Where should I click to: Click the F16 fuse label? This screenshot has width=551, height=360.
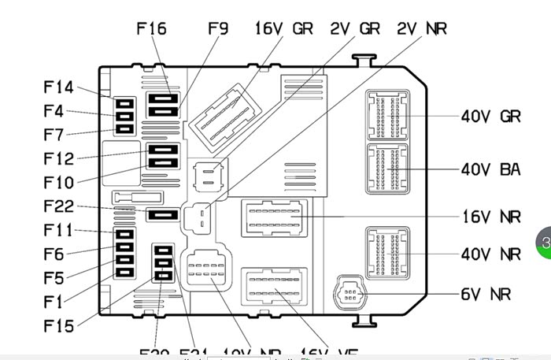coord(151,28)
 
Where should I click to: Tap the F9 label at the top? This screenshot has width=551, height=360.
coord(218,28)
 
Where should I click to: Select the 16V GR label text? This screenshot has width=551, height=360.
coord(283,28)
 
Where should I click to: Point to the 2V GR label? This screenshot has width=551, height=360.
coord(354,28)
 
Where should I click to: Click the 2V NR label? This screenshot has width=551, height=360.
coord(422,28)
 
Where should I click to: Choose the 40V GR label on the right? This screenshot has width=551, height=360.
coord(490,117)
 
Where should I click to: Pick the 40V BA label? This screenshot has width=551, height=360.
coord(490,169)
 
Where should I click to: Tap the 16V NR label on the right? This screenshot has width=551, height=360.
coord(490,217)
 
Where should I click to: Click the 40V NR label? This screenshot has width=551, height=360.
coord(490,254)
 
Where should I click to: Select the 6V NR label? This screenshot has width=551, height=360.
coord(486,295)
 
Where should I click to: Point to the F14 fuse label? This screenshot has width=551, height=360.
coord(58,87)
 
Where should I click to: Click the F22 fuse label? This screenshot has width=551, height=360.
coord(58,206)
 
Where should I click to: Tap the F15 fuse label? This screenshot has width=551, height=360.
coord(58,325)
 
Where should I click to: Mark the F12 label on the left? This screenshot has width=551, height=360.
coord(58,159)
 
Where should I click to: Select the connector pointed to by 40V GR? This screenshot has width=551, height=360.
coord(388,117)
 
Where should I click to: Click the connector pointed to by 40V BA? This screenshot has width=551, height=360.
coord(388,169)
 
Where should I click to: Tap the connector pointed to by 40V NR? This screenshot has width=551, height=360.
coord(388,254)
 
